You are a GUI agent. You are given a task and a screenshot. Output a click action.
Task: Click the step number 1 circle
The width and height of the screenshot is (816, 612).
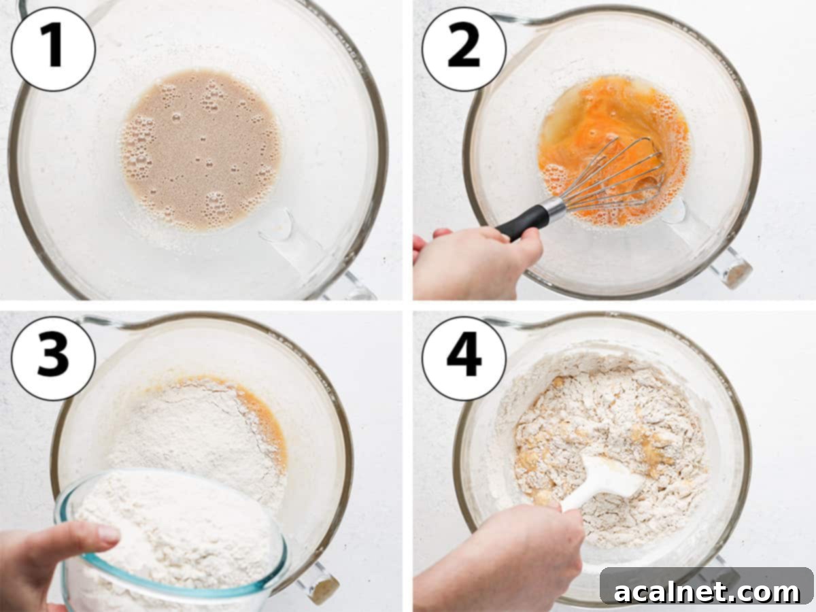click(x=53, y=50)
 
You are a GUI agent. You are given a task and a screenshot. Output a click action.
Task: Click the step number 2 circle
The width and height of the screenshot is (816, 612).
click(x=464, y=50)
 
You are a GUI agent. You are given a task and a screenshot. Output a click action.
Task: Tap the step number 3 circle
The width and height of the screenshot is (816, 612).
click(x=53, y=358)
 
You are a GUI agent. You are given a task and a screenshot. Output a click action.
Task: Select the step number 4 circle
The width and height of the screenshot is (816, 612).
click(x=464, y=358)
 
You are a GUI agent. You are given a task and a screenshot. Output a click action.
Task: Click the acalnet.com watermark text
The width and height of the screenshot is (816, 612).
click(x=707, y=592)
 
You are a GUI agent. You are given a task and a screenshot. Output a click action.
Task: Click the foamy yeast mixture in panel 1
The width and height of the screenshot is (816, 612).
click(x=201, y=149)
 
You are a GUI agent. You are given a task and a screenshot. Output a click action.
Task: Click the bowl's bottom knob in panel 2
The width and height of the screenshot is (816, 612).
click(x=730, y=267)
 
